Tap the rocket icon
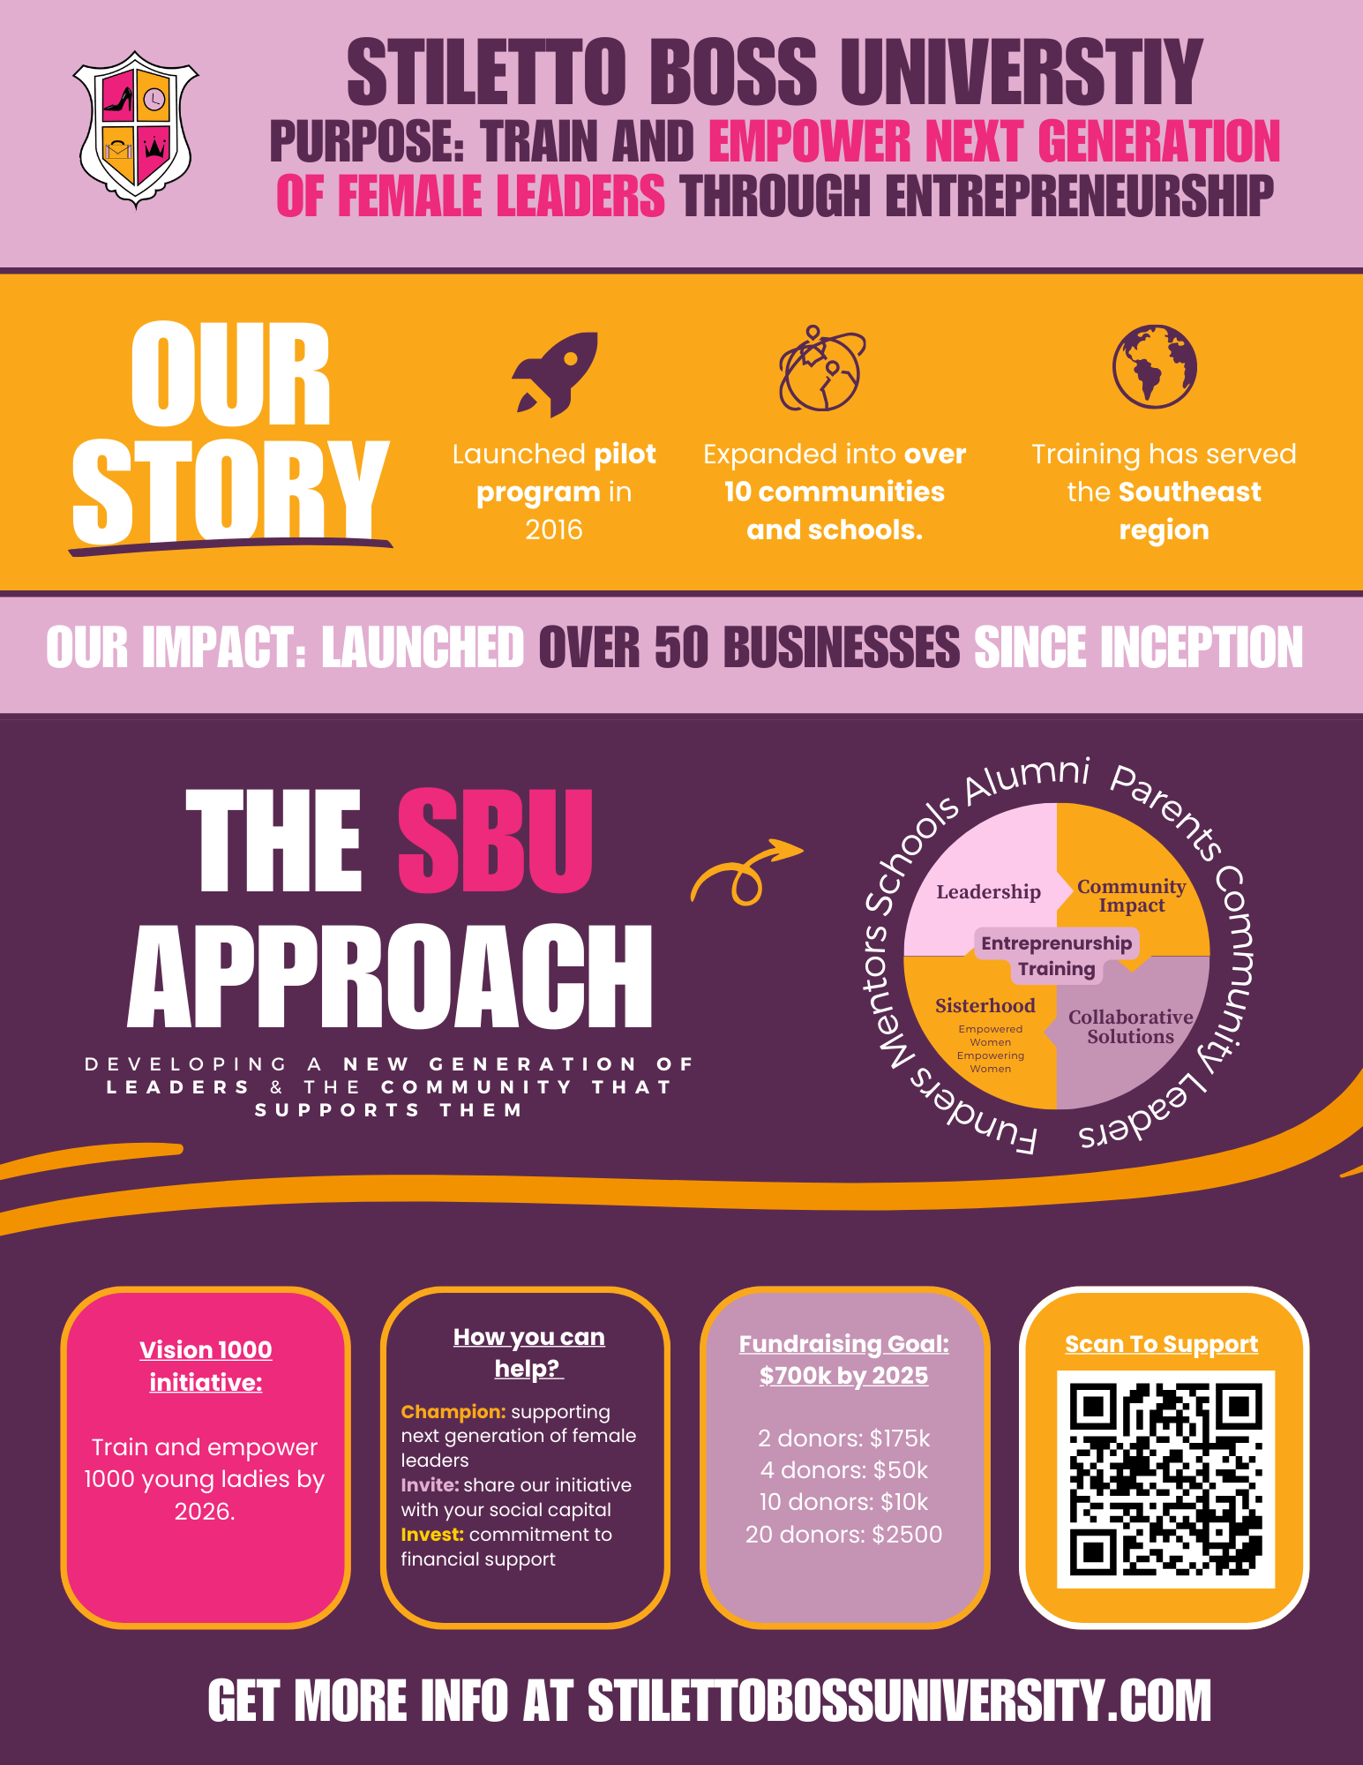[x=556, y=372]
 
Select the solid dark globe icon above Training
[x=1154, y=366]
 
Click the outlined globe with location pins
[x=820, y=369]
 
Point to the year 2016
[x=553, y=529]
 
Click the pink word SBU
[x=495, y=841]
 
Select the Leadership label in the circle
[x=988, y=892]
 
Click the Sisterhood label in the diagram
[x=985, y=1006]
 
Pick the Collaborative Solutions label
[x=1130, y=1027]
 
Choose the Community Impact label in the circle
[x=1131, y=896]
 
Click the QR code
[x=1165, y=1479]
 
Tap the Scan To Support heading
[x=1161, y=1344]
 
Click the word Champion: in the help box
[x=453, y=1412]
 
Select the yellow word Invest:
[x=432, y=1535]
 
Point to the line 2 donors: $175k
[x=843, y=1438]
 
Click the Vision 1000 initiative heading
[x=206, y=1366]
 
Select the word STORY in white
[x=229, y=492]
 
